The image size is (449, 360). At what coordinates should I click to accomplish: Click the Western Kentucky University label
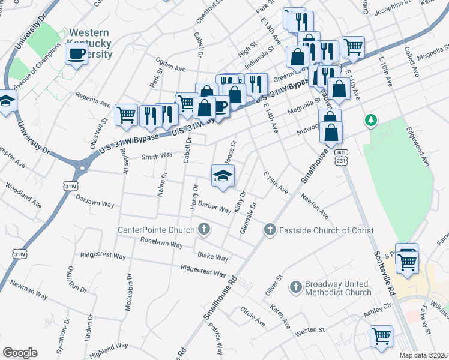pyautogui.click(x=91, y=43)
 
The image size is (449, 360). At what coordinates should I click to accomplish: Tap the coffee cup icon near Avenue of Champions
pyautogui.click(x=76, y=54)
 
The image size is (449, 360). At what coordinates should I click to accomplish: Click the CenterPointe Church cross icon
pyautogui.click(x=205, y=229)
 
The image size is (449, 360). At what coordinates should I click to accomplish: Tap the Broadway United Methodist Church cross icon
pyautogui.click(x=295, y=287)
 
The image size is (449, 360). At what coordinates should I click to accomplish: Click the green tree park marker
pyautogui.click(x=372, y=121)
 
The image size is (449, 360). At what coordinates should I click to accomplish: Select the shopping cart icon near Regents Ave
pyautogui.click(x=126, y=113)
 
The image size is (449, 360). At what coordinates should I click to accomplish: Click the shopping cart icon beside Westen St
pyautogui.click(x=381, y=335)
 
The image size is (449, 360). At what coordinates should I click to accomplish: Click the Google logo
pyautogui.click(x=20, y=352)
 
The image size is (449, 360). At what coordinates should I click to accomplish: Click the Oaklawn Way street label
pyautogui.click(x=95, y=204)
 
